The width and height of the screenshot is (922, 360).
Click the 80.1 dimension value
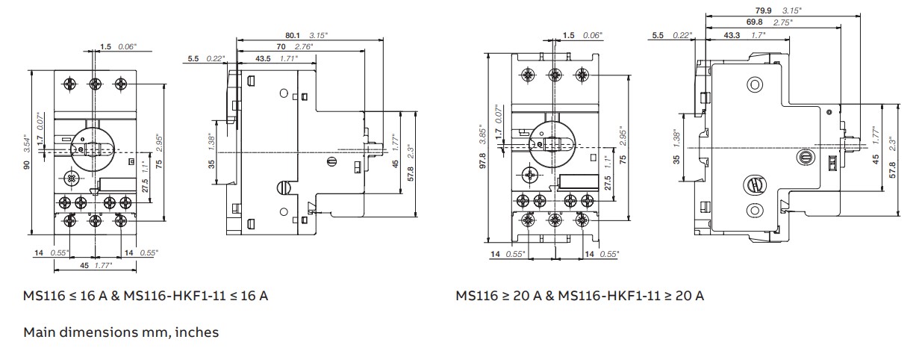tap(292, 34)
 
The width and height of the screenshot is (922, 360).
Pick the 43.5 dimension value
tap(264, 58)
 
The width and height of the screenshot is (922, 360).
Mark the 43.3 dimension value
tap(732, 35)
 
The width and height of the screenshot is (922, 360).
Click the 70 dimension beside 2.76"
tap(291, 46)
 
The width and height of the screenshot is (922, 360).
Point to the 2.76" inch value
tap(311, 46)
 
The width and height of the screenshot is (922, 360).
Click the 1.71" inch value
tap(287, 58)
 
